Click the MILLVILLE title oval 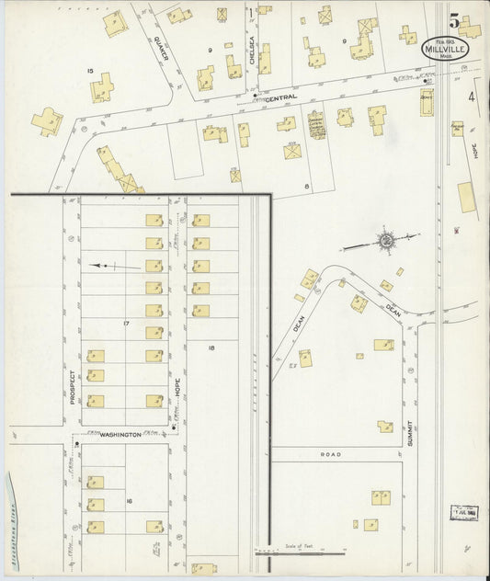click(x=447, y=48)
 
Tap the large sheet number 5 click(x=454, y=17)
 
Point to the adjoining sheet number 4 click(x=472, y=96)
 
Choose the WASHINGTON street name click(x=120, y=433)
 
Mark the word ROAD click(x=331, y=454)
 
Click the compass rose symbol click(x=387, y=241)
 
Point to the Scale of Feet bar click(x=299, y=553)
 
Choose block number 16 click(x=130, y=500)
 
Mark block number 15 click(x=90, y=71)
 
